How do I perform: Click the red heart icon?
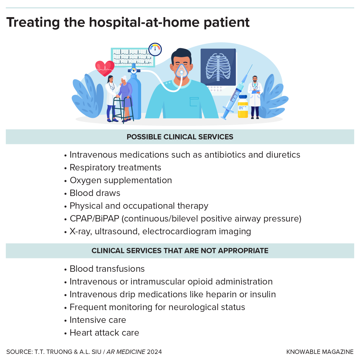(x=105, y=68)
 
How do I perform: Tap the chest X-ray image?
(x=218, y=67)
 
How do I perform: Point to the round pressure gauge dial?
(x=155, y=49)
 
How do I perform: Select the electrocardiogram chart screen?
(x=133, y=57)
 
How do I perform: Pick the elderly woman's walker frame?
(x=123, y=109)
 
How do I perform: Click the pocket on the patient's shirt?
(x=194, y=102)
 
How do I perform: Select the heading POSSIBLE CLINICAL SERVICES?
(x=180, y=137)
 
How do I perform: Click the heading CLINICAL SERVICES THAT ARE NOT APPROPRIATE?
(x=180, y=251)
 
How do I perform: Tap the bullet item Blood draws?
(x=95, y=193)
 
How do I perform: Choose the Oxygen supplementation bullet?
(x=121, y=180)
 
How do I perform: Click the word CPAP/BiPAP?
(x=95, y=219)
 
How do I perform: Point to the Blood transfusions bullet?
(x=107, y=269)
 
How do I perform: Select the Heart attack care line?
(x=105, y=333)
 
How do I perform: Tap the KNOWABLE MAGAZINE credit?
(x=320, y=352)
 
